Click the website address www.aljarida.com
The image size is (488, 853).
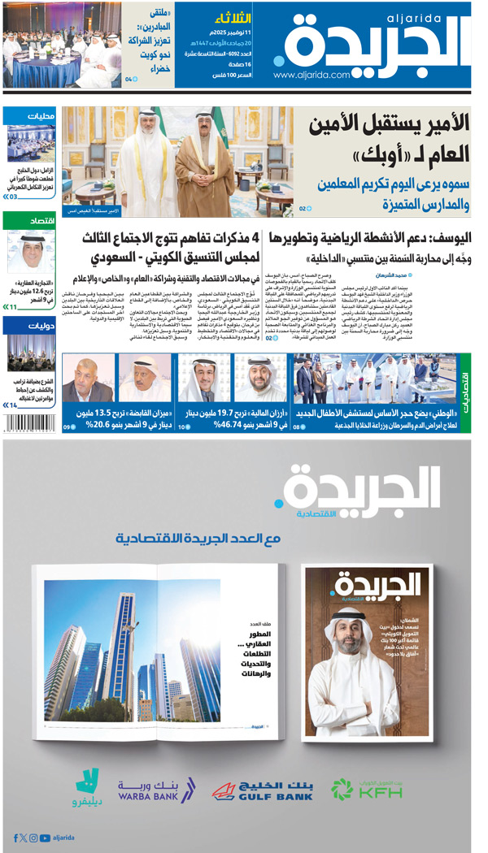[x=312, y=75]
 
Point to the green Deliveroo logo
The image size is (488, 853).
[x=87, y=786]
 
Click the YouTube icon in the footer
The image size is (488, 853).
[x=45, y=838]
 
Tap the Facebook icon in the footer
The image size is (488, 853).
[x=15, y=838]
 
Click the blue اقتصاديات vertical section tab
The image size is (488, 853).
[x=465, y=392]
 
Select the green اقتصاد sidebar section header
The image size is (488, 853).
[x=29, y=220]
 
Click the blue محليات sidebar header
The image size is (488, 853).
[x=29, y=115]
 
